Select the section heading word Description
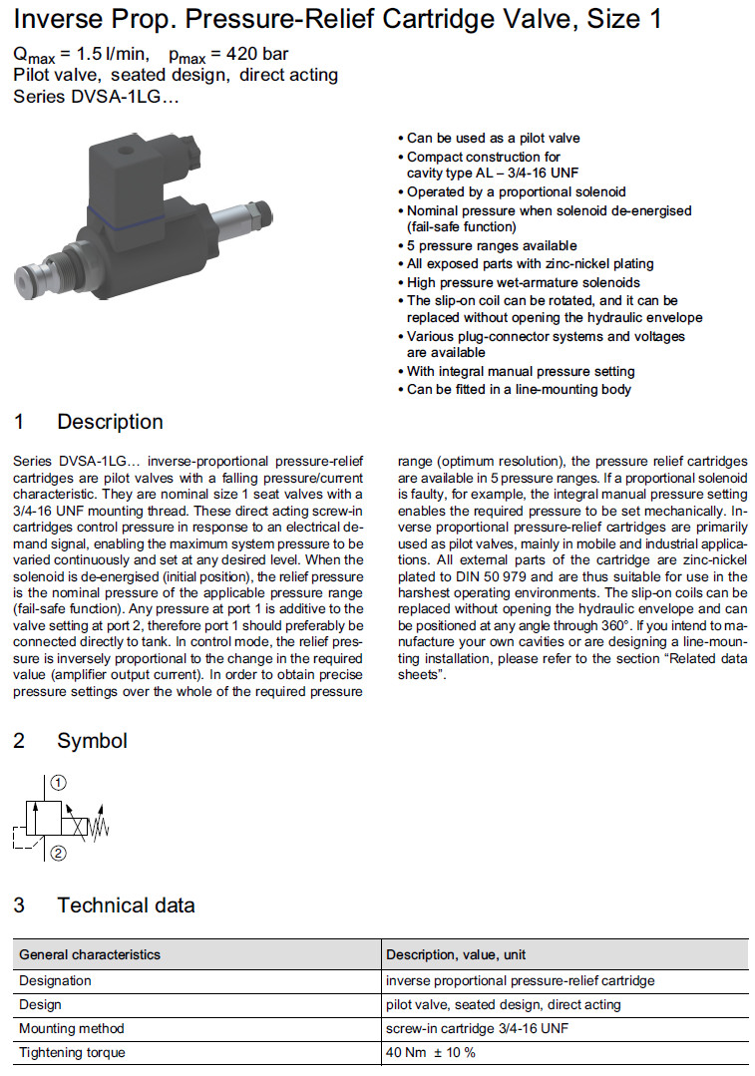coord(110,422)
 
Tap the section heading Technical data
coord(126,905)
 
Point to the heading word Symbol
coord(92,741)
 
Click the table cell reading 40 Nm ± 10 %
coord(431,1052)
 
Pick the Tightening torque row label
coord(73,1052)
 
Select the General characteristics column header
coord(90,954)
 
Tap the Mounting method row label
coord(72,1028)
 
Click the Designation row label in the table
coord(56,980)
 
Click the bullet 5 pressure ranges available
coord(492,245)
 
